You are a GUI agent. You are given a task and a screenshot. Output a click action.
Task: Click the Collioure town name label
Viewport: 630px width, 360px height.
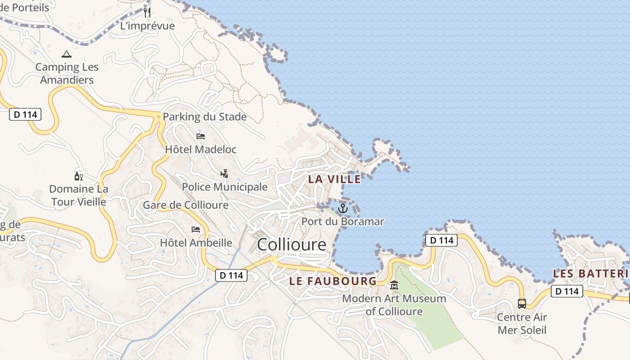click(292, 244)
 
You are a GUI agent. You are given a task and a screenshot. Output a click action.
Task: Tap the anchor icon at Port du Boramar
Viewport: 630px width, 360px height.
click(343, 208)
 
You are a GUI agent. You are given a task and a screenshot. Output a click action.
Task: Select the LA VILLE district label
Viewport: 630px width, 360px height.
click(334, 179)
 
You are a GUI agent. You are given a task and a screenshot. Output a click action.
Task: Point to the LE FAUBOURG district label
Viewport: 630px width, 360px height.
click(333, 281)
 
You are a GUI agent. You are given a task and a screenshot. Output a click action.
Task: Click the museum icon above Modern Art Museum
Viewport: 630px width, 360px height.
click(394, 285)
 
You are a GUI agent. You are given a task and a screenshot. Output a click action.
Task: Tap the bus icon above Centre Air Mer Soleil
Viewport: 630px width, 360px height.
click(522, 304)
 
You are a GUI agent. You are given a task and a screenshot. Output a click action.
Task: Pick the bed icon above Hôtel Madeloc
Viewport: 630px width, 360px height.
click(201, 136)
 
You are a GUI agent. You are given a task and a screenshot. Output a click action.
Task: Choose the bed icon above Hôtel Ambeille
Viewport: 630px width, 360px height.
click(196, 229)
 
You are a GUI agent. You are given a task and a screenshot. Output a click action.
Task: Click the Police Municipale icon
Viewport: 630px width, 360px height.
click(224, 173)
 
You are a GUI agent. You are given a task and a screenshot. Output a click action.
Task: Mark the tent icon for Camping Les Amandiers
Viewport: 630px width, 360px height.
click(67, 54)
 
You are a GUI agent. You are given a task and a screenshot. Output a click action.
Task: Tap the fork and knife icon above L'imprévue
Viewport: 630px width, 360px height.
click(147, 12)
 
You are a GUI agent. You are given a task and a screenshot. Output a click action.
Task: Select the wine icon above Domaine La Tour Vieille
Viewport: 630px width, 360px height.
click(79, 176)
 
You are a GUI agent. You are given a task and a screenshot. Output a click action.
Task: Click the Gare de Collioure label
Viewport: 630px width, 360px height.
click(185, 205)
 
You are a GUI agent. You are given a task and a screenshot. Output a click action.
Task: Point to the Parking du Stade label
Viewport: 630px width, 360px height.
click(204, 117)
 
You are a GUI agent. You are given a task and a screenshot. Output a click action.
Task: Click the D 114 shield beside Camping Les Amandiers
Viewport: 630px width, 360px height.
click(25, 114)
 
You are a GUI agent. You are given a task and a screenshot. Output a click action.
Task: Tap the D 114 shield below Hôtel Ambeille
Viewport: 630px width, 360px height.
click(231, 275)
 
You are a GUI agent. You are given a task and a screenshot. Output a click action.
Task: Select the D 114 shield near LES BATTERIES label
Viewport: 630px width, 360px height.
click(567, 291)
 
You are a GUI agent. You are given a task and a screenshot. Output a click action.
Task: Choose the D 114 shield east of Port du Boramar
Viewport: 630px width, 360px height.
click(441, 240)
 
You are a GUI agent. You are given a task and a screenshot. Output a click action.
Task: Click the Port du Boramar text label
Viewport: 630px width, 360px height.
click(343, 221)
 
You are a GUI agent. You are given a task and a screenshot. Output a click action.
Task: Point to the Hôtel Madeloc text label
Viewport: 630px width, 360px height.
click(201, 149)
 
